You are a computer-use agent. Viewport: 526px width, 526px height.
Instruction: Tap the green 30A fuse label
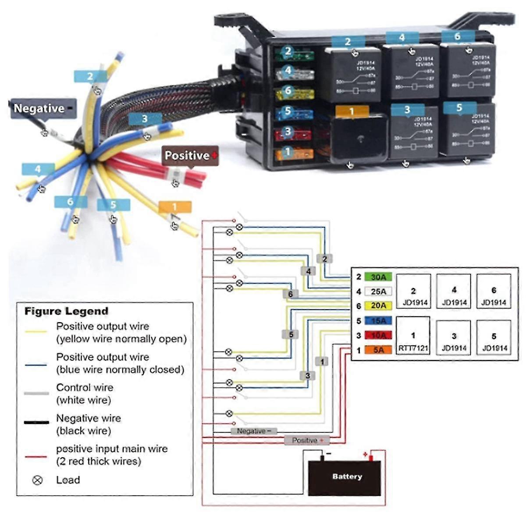coord(378,277)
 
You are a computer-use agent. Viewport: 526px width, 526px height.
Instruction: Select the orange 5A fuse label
coord(378,350)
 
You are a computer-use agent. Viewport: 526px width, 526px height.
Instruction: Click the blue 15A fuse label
coord(378,321)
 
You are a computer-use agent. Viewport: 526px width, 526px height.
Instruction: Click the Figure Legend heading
coord(66,312)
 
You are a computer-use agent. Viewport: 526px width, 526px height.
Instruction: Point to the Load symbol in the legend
coord(38,480)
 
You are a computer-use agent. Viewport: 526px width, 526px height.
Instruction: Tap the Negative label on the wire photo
coord(43,109)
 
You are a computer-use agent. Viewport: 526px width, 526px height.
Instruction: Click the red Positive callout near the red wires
coord(190,156)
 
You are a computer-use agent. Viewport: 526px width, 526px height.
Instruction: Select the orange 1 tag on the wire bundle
coord(175,207)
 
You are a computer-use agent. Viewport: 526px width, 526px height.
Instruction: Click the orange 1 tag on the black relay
coord(352,112)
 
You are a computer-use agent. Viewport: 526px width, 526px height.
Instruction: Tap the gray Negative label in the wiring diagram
coord(254,431)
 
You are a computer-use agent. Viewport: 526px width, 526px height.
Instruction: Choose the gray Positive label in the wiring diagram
coord(307,440)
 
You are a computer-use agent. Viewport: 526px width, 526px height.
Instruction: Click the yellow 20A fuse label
coord(378,306)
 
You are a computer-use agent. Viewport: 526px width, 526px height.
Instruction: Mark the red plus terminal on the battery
coord(370,458)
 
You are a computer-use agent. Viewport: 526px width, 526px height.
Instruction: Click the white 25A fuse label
coord(378,291)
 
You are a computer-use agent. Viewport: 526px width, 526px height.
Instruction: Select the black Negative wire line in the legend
coord(36,423)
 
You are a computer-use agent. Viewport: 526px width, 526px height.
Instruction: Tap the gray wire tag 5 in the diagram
coord(291,334)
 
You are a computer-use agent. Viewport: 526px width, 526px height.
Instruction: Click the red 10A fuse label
coord(378,336)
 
